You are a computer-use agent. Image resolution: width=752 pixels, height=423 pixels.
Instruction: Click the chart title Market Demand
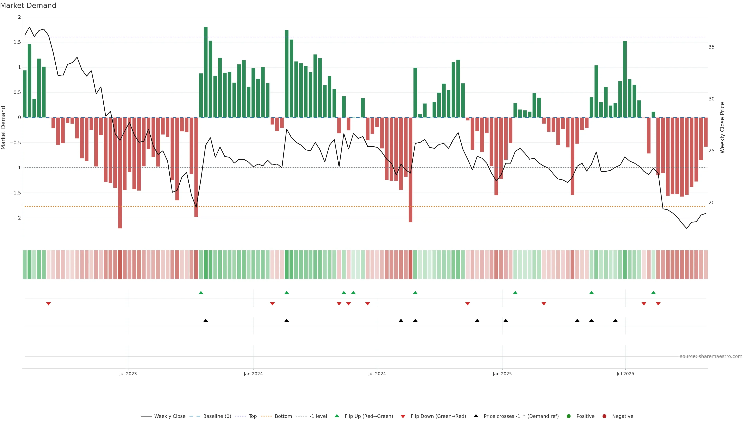click(x=28, y=5)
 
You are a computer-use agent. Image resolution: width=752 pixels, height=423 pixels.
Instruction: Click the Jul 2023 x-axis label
click(x=128, y=374)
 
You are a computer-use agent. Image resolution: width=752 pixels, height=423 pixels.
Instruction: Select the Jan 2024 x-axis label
click(x=253, y=374)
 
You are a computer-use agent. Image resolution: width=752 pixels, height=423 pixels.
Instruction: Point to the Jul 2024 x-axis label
click(x=377, y=374)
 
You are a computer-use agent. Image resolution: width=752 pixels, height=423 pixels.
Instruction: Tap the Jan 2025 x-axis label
click(x=502, y=374)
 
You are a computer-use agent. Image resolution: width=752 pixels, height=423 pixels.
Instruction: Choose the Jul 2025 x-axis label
click(x=625, y=374)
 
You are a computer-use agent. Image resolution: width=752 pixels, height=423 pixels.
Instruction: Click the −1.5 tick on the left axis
click(x=15, y=193)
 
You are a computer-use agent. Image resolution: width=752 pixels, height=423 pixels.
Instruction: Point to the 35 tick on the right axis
click(x=711, y=47)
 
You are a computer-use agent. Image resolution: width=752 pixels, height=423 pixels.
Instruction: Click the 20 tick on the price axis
click(x=711, y=203)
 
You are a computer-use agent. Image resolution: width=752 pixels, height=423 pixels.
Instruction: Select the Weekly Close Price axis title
click(x=722, y=127)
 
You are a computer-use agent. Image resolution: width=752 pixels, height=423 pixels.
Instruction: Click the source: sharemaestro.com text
click(x=711, y=356)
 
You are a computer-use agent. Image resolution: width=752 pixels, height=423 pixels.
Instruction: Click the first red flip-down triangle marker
click(x=48, y=304)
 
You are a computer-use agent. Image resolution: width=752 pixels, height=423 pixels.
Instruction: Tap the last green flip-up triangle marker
click(x=653, y=293)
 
